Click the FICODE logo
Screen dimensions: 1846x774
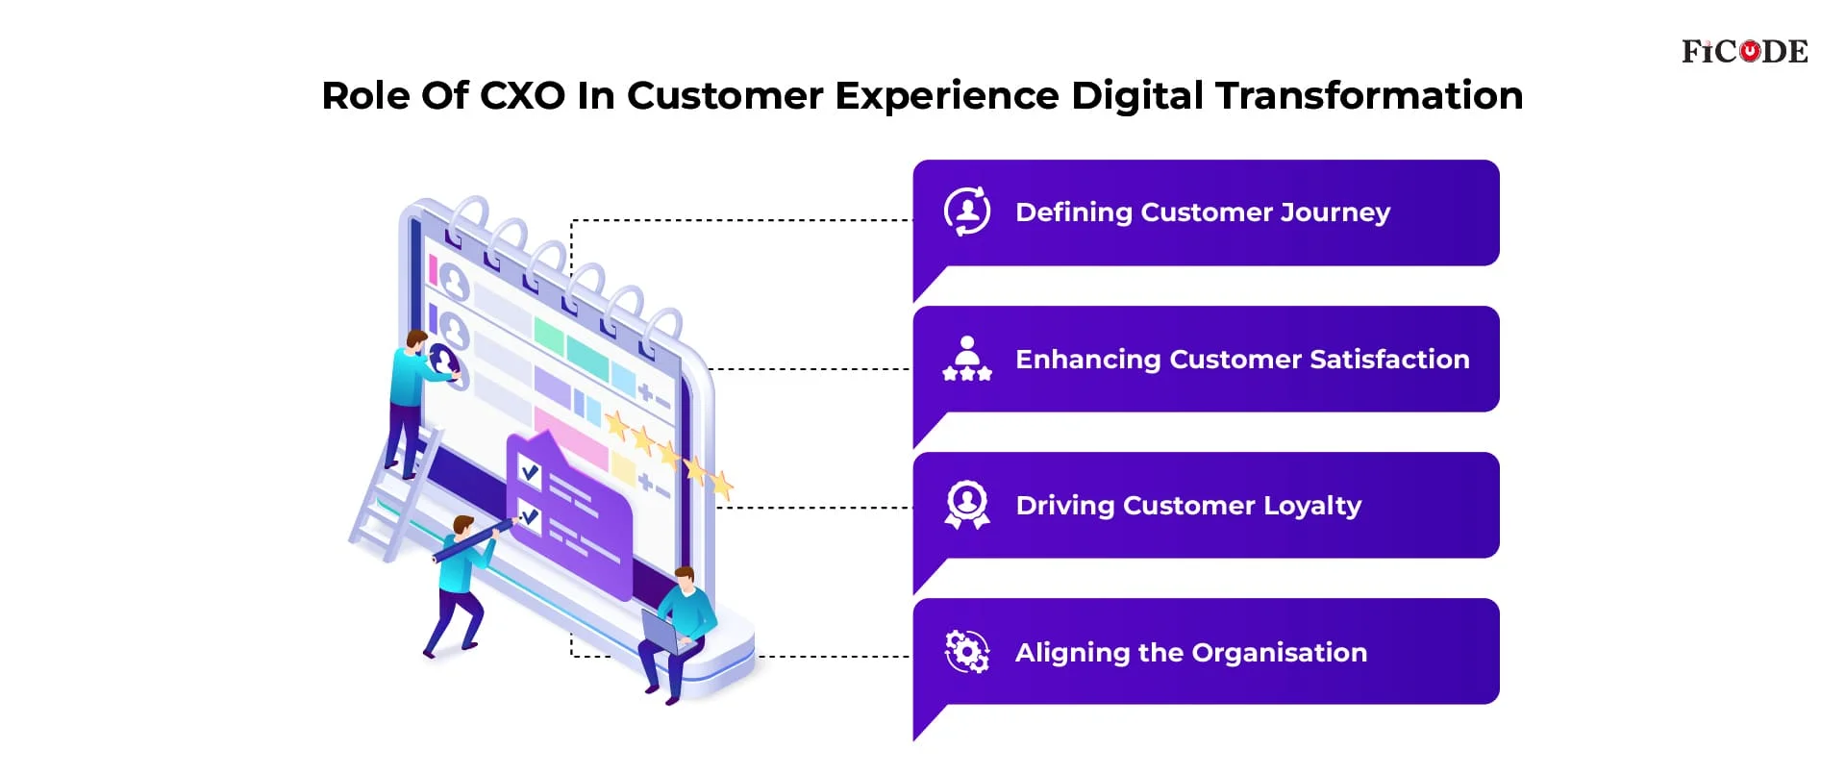(x=1744, y=51)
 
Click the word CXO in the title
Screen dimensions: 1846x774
(x=522, y=95)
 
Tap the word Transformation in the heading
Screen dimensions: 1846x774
(x=1369, y=95)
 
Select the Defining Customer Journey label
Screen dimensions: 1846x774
(x=1203, y=212)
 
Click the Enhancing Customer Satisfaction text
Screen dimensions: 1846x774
(x=1242, y=359)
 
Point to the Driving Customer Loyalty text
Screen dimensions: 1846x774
(x=1188, y=506)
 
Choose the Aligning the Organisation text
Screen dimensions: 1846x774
(x=1191, y=653)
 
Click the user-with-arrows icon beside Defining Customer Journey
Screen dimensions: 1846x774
(x=967, y=212)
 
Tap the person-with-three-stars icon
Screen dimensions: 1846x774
(x=967, y=359)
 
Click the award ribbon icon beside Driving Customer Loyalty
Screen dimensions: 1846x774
(x=967, y=505)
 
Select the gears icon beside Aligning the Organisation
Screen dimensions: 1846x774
(x=967, y=652)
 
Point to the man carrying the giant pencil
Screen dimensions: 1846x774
(x=461, y=587)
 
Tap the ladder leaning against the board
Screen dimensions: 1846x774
(x=394, y=495)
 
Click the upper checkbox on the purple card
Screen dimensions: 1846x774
(x=530, y=470)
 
